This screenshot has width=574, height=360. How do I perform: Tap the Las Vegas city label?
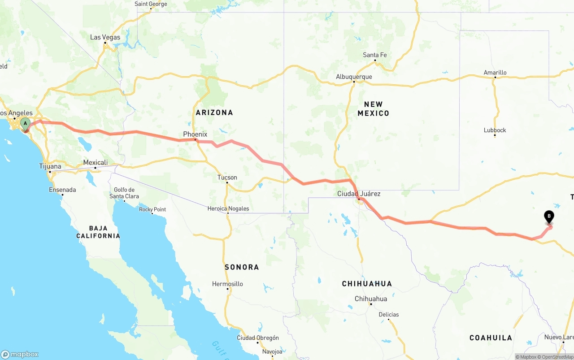point(105,37)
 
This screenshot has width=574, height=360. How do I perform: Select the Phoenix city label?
point(195,134)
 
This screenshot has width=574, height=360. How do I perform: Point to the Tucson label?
point(227,178)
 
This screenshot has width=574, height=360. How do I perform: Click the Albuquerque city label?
point(354,77)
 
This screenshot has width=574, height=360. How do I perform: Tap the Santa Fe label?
point(374,55)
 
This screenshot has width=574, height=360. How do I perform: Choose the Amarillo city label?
point(495,73)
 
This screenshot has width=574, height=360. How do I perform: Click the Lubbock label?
point(495,130)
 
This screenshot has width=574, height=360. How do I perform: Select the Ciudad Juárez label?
point(359,194)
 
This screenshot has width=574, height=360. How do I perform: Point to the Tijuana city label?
point(50,166)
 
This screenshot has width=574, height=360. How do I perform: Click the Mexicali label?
point(95,162)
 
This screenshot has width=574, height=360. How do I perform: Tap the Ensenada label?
point(62,190)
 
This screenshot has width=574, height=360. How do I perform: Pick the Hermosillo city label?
point(227,284)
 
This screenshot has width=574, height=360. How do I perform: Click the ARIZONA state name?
point(214,113)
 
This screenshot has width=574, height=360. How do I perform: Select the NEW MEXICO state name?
point(373,109)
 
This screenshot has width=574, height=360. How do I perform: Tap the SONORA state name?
point(242,267)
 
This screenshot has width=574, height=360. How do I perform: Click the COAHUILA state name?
point(491,338)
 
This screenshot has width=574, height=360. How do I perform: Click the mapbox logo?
point(20,354)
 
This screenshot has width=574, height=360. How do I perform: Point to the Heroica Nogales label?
point(228,208)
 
